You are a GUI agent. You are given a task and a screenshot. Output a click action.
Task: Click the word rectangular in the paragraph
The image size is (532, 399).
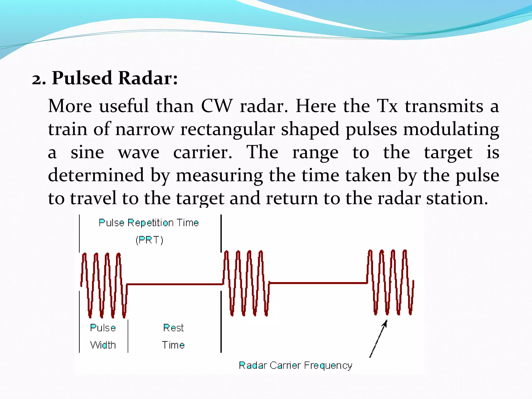tap(228, 129)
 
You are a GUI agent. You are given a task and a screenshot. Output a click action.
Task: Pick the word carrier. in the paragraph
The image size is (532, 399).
tap(203, 152)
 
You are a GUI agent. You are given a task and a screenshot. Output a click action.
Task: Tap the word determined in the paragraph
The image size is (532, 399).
tap(96, 175)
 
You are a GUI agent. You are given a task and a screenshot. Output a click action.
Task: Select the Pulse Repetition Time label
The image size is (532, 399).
tap(149, 223)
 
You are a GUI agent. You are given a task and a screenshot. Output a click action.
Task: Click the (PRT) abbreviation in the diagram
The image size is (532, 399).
tap(149, 240)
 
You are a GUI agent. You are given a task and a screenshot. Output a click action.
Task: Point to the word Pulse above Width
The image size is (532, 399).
tap(103, 328)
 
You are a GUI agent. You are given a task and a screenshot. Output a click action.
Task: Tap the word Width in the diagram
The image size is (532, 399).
tap(103, 345)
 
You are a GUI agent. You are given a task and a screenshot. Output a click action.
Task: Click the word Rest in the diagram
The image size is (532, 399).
tap(173, 328)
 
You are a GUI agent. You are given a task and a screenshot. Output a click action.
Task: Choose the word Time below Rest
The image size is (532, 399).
tap(173, 345)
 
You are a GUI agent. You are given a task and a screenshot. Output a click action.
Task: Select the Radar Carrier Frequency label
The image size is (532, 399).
tap(295, 365)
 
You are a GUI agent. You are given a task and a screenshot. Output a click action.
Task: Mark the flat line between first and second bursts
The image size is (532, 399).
tap(174, 284)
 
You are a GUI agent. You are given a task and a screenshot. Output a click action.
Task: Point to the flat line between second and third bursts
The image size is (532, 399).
tap(318, 283)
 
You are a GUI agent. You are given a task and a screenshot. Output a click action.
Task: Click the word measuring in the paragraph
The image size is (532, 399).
tap(219, 176)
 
